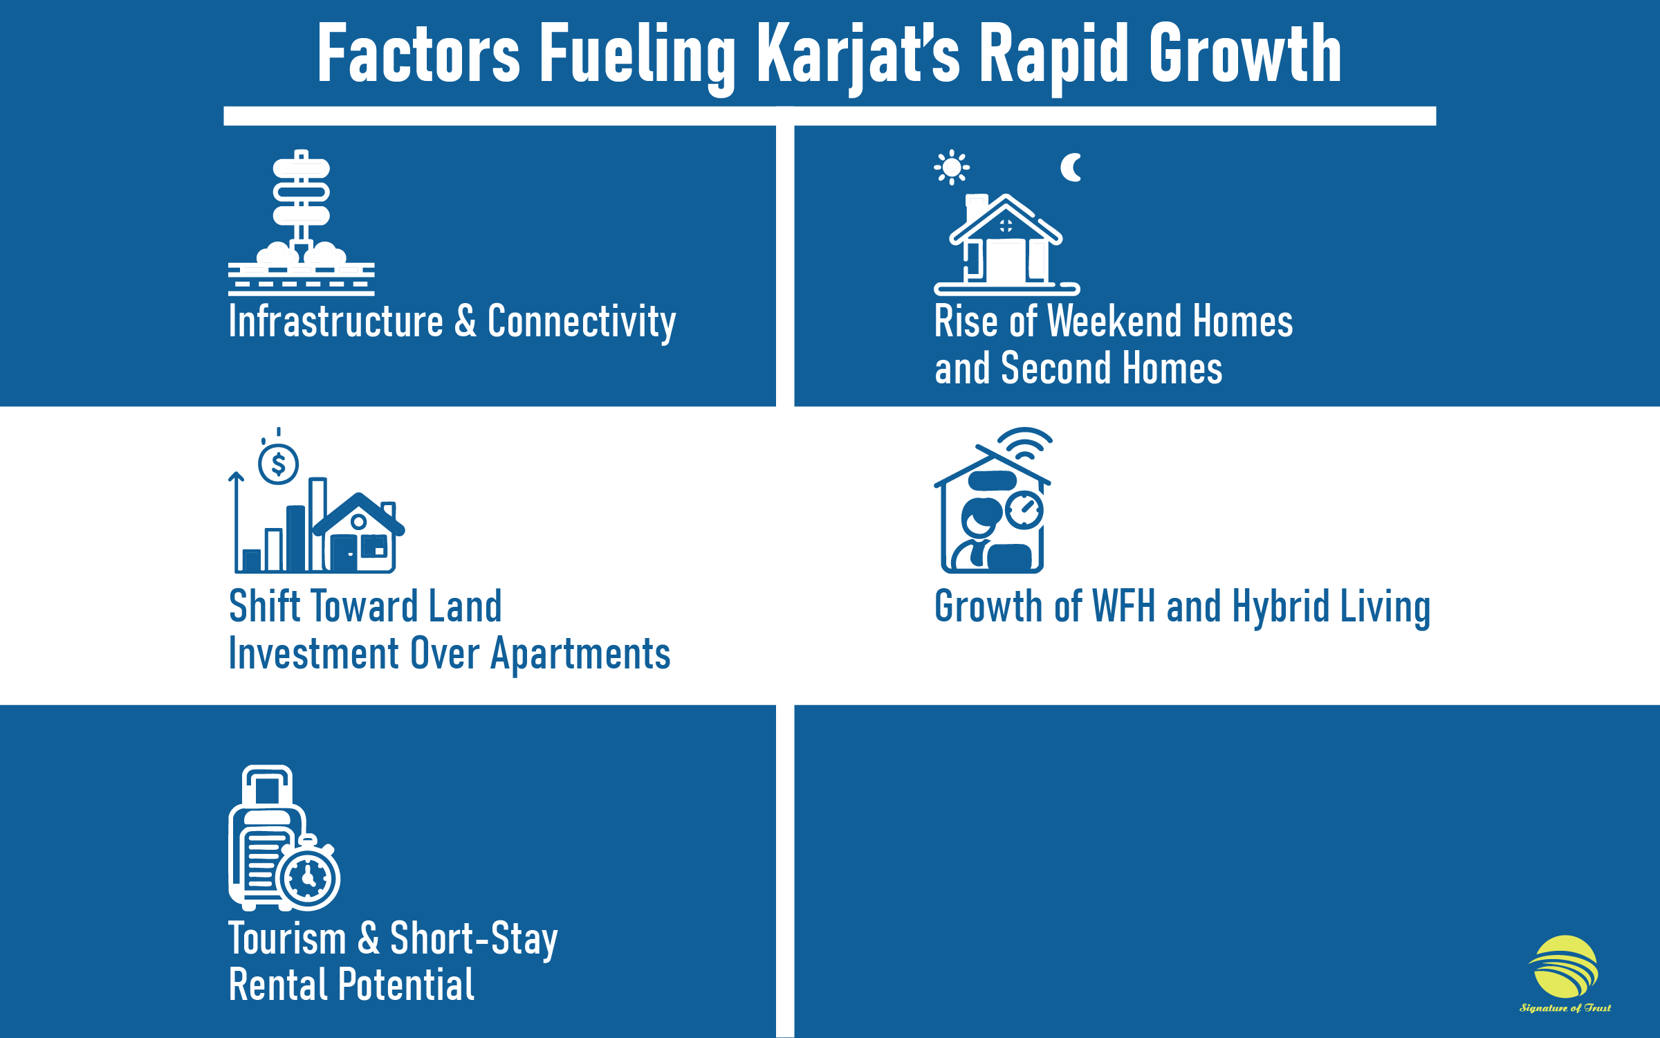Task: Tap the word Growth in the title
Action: (1245, 54)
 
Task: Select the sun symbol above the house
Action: (952, 167)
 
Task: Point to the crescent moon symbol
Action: (1071, 167)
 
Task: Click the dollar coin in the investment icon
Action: (278, 464)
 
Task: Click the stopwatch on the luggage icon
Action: (308, 877)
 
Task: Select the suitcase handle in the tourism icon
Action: (267, 785)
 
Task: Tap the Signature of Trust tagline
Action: (1565, 1008)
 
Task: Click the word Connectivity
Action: (581, 322)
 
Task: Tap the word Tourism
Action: (287, 939)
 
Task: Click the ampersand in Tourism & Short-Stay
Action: (369, 939)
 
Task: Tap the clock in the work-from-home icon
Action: (1024, 511)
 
